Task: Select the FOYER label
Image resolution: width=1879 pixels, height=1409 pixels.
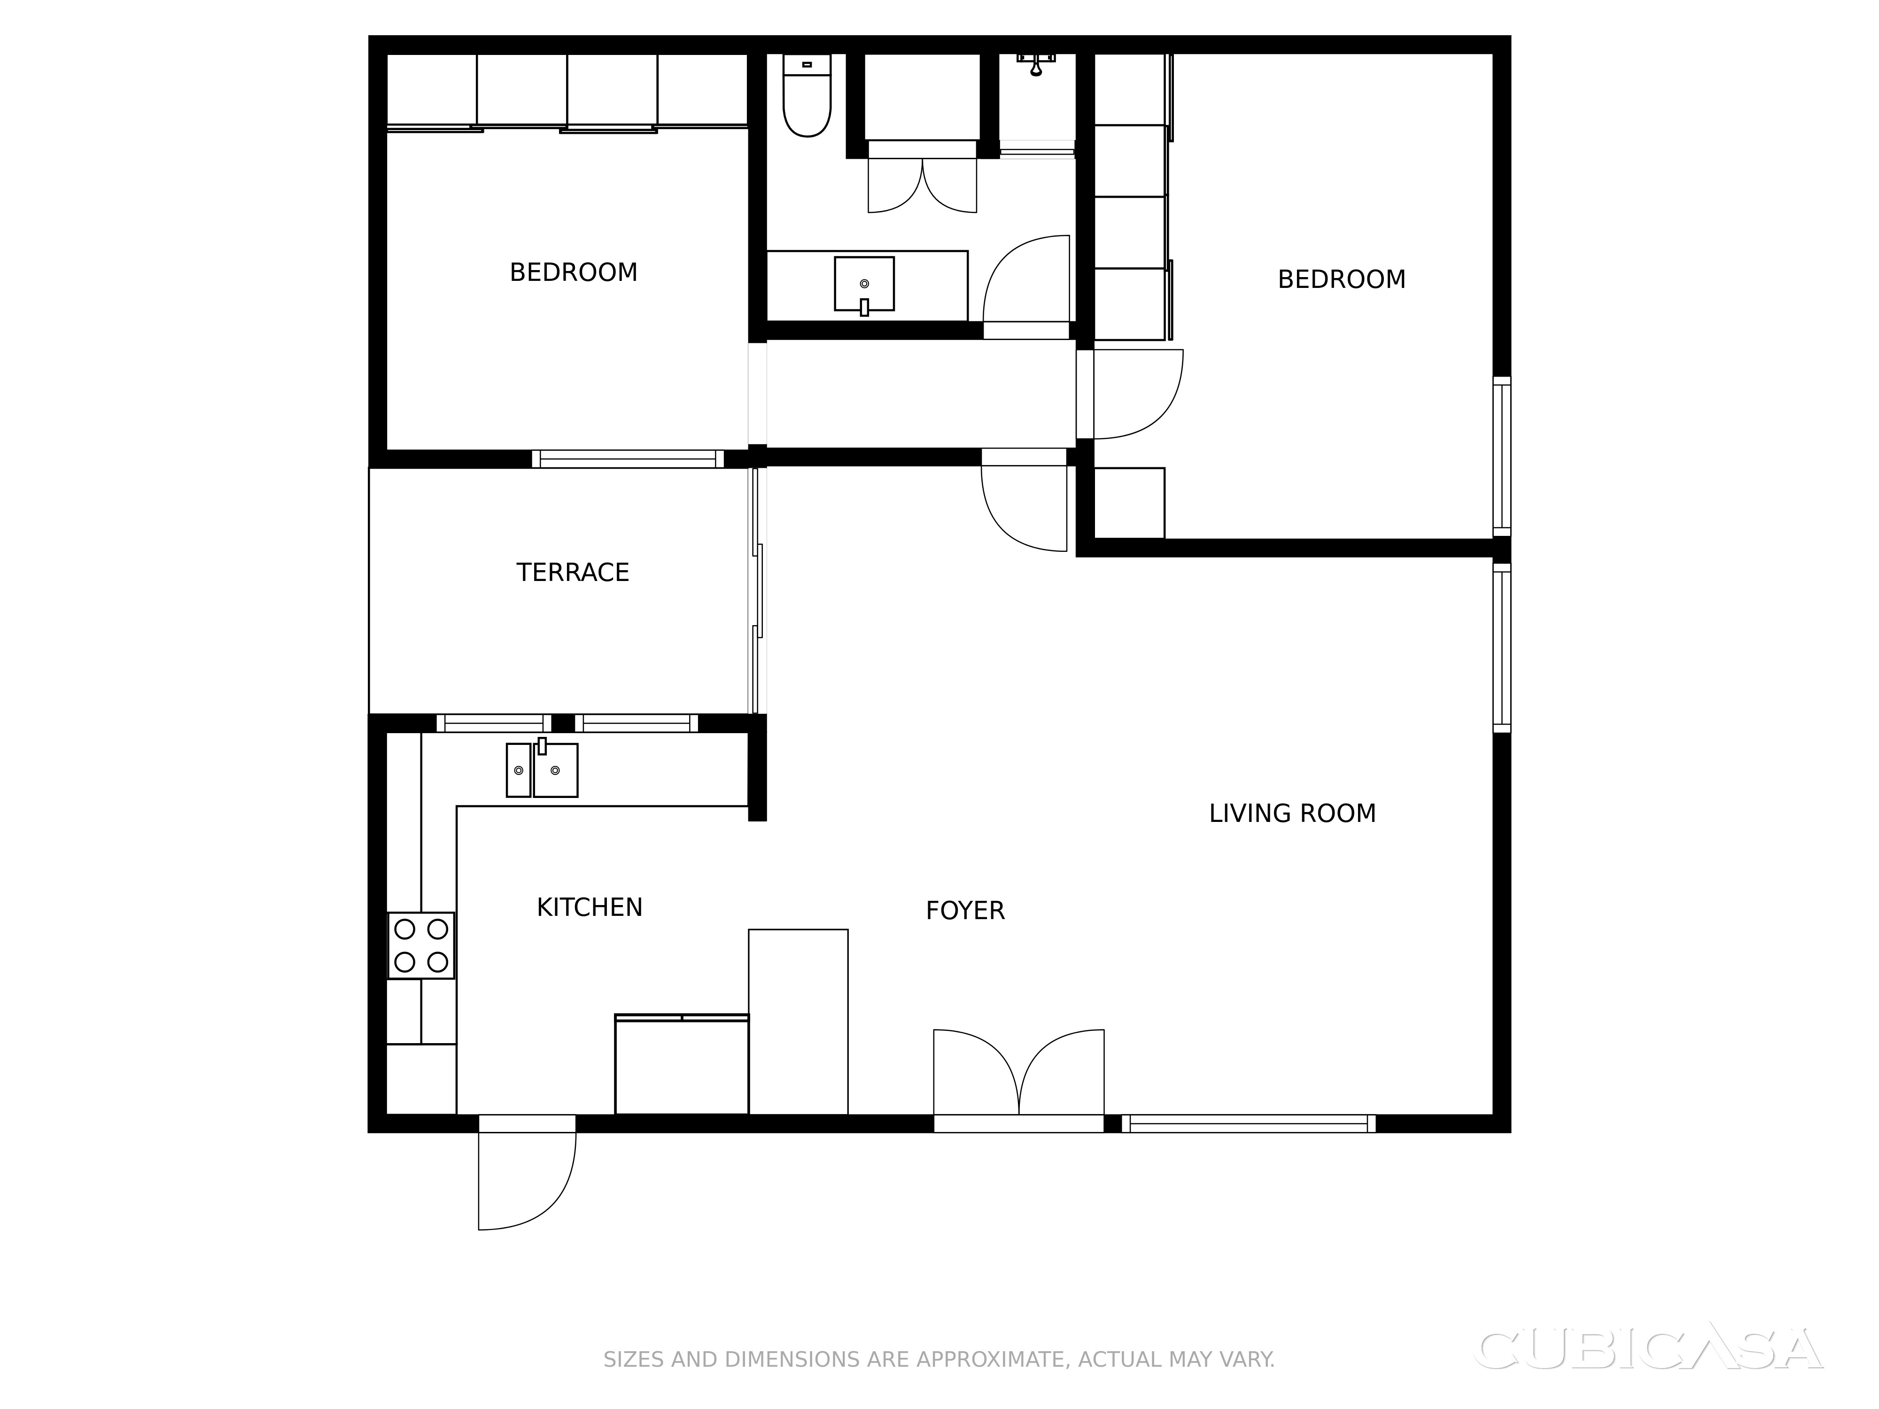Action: pos(965,911)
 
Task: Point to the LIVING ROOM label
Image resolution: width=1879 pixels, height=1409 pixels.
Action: pos(1292,813)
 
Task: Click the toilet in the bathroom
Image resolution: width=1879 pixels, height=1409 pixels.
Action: pos(807,95)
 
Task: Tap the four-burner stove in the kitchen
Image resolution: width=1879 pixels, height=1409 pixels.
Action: pos(421,945)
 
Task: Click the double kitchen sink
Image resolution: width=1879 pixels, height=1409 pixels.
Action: pos(542,769)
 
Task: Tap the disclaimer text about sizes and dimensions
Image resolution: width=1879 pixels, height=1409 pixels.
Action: pos(939,1360)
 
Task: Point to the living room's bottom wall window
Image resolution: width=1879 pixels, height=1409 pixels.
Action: pos(1249,1123)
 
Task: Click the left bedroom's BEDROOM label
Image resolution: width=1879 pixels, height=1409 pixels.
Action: pos(574,272)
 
